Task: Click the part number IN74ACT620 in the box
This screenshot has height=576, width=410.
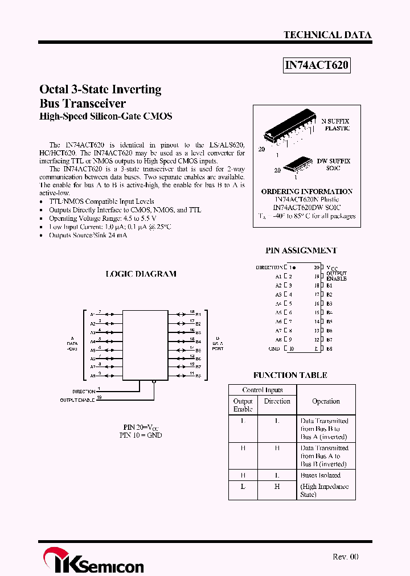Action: coord(316,66)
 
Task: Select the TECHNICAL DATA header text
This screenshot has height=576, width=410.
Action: coord(327,35)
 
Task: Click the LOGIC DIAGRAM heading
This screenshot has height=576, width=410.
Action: coord(141,274)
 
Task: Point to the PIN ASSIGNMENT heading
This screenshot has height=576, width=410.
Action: coord(301,250)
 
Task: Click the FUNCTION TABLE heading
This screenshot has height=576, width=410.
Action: coord(290,375)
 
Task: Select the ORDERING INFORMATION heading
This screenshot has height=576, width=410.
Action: coord(306,192)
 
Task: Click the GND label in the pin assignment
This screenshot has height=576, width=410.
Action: coord(274,348)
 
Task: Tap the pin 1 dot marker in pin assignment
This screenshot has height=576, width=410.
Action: coord(294,267)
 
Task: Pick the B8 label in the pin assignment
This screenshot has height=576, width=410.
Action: coord(329,348)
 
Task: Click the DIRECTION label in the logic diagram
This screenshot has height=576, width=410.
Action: coord(84,392)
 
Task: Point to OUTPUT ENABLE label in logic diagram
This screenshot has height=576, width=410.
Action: coord(77,400)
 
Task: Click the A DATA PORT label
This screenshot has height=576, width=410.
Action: coord(72,344)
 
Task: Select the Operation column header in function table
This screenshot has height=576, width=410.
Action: coord(326,401)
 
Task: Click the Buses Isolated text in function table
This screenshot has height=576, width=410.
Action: coord(320,475)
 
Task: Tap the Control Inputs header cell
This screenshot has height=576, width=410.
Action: coord(262,390)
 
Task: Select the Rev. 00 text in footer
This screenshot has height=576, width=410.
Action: coord(346,557)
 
